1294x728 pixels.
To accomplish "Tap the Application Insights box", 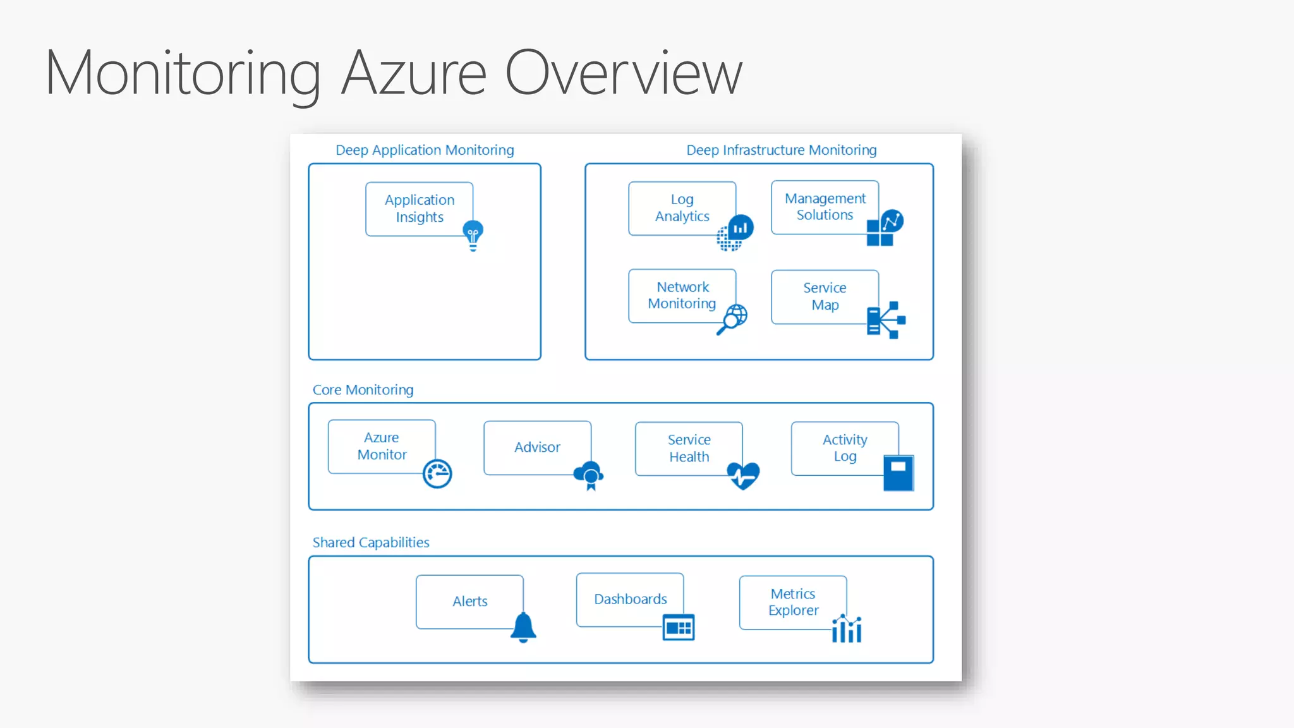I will click(419, 209).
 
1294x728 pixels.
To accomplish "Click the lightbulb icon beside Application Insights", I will click(473, 236).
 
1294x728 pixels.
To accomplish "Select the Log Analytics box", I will click(682, 208).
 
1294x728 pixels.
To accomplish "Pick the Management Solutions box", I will click(825, 207).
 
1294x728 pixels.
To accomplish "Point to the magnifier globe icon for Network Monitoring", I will click(732, 318).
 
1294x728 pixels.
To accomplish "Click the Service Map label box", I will click(825, 296).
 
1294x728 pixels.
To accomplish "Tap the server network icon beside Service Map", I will click(885, 320).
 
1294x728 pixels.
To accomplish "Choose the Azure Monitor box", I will click(382, 446).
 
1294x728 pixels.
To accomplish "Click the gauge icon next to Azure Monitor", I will click(437, 474).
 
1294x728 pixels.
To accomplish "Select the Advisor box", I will click(537, 447).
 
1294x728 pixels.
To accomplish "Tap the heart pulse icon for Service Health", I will click(743, 475).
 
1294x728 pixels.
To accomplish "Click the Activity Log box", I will click(844, 448).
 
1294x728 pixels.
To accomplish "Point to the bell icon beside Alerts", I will click(523, 628).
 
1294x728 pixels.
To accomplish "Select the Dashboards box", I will click(630, 599).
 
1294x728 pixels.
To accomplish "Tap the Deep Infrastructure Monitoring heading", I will click(781, 150).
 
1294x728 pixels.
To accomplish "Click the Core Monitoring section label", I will click(363, 390).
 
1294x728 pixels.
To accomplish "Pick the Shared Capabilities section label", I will click(370, 543).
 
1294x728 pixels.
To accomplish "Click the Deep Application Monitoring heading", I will click(425, 150).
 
